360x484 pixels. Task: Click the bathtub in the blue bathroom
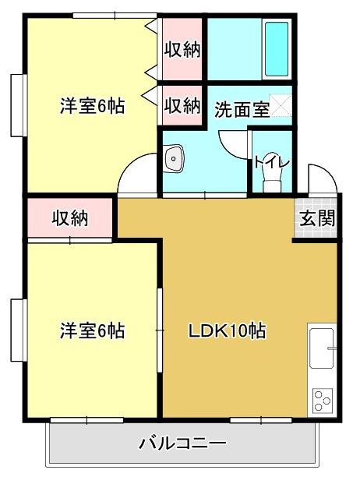277,48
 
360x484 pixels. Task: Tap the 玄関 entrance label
317,218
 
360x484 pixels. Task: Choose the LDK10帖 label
228,330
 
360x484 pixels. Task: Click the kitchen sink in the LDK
321,348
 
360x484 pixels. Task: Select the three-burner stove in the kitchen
321,401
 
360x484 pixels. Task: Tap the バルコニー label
183,445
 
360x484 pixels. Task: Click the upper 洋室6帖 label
92,107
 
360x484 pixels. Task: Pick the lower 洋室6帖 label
92,330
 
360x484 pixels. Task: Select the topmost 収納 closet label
182,50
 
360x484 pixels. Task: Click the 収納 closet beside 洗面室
182,105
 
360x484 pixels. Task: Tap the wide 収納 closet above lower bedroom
70,218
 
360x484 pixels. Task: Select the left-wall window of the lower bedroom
17,331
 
